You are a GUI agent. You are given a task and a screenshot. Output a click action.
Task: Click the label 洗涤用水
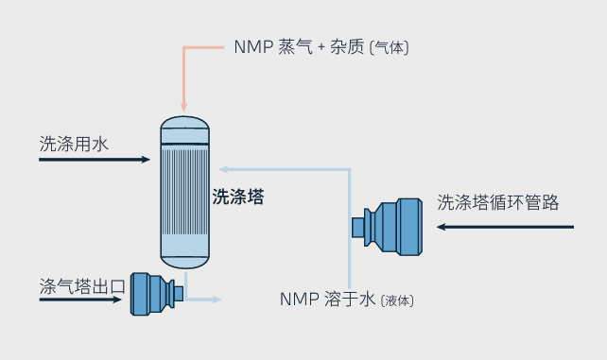point(75,144)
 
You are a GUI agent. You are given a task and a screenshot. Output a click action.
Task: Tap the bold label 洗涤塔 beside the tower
point(237,197)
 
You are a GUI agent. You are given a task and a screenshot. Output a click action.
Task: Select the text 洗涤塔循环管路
point(497,202)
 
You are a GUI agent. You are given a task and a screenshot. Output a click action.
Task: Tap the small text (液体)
point(396,300)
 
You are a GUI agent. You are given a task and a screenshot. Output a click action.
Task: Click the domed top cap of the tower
point(183,127)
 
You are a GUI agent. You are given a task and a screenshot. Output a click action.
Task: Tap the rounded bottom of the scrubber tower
point(183,257)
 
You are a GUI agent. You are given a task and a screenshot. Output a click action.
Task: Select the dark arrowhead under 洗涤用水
point(145,160)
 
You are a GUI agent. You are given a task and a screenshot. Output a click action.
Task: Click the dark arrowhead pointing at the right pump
point(440,227)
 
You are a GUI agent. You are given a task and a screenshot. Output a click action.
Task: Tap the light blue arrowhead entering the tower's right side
point(223,169)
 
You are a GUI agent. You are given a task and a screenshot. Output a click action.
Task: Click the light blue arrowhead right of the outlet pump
point(217,300)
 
